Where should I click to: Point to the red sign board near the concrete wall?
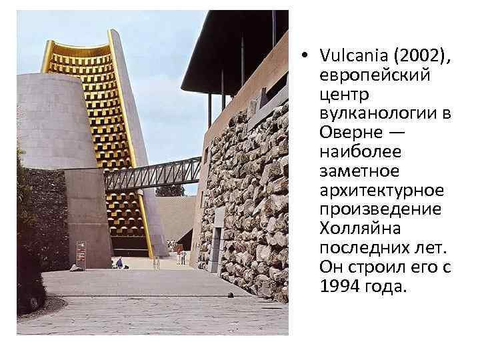pyautogui.click(x=81, y=254)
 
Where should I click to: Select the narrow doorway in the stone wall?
pyautogui.click(x=219, y=230)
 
